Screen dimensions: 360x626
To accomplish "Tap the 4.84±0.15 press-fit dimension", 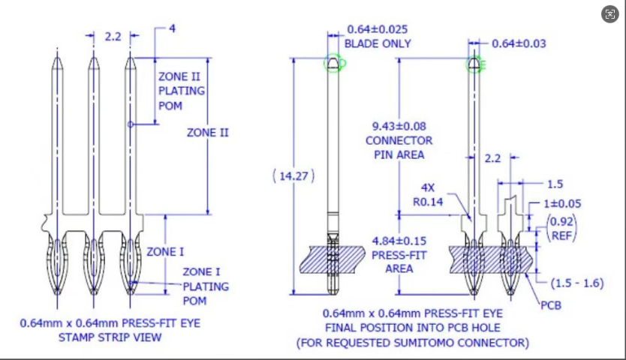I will click(x=399, y=241).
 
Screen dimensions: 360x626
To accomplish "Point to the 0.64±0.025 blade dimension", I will click(x=377, y=29).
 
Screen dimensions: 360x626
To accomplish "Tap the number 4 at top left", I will click(x=172, y=28).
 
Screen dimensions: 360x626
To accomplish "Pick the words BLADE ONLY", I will click(x=378, y=43).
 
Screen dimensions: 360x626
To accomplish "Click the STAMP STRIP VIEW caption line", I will click(x=110, y=337).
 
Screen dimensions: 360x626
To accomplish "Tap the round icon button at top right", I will click(x=610, y=14).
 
